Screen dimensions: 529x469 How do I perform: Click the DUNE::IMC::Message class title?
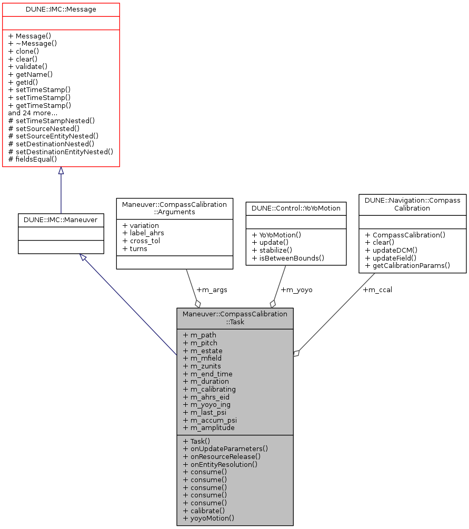(61, 9)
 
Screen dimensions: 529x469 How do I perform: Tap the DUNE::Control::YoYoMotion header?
(296, 208)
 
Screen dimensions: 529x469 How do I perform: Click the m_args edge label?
(212, 290)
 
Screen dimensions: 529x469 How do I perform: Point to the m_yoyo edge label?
(297, 290)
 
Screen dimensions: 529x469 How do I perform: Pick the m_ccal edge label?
(377, 290)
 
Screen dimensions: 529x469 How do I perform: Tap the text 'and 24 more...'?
(33, 113)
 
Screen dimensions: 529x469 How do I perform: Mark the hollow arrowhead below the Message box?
(61, 171)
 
